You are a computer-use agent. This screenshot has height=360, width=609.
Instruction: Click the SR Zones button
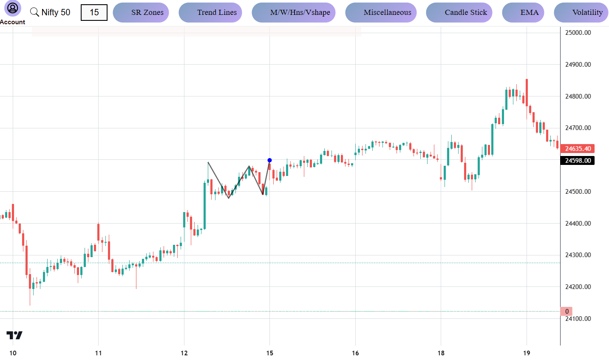141,12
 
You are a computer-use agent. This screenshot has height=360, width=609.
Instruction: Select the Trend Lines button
210,12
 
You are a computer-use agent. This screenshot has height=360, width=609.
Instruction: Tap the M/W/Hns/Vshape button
294,12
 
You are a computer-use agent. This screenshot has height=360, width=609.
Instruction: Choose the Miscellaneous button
381,12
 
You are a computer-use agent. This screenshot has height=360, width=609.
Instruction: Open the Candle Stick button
459,12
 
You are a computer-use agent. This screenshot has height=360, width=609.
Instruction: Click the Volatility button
581,12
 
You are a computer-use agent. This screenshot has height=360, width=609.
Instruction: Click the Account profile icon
13,8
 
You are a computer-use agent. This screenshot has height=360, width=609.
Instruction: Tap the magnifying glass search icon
34,12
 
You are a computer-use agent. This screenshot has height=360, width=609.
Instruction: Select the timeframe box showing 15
94,12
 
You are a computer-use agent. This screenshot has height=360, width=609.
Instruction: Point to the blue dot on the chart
269,160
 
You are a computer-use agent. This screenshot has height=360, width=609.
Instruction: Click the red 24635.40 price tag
577,149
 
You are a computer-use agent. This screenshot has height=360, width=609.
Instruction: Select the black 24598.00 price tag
577,161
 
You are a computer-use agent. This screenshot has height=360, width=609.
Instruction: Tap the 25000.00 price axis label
578,33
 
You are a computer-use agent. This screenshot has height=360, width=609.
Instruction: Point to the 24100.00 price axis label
578,319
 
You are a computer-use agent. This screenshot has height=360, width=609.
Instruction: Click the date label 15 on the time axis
270,353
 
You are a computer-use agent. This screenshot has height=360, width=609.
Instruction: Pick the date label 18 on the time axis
441,353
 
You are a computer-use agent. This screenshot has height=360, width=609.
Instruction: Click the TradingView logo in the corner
14,335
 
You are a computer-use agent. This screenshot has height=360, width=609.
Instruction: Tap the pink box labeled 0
567,312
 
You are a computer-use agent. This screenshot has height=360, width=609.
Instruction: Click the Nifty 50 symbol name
56,12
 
